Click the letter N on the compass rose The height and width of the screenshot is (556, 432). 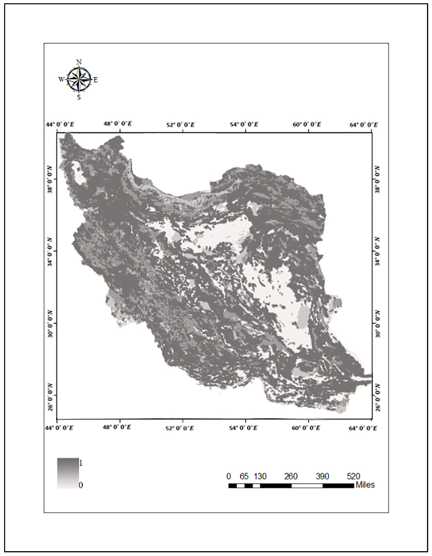(x=79, y=62)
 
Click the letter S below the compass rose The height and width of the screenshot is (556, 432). (x=79, y=97)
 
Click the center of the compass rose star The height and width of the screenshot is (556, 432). (x=79, y=79)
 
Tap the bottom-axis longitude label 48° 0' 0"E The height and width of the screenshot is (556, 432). (x=117, y=427)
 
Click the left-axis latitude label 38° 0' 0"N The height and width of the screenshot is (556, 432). (x=50, y=179)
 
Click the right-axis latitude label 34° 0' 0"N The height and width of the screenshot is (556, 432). (x=377, y=251)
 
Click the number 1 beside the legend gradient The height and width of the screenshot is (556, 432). (x=81, y=463)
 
